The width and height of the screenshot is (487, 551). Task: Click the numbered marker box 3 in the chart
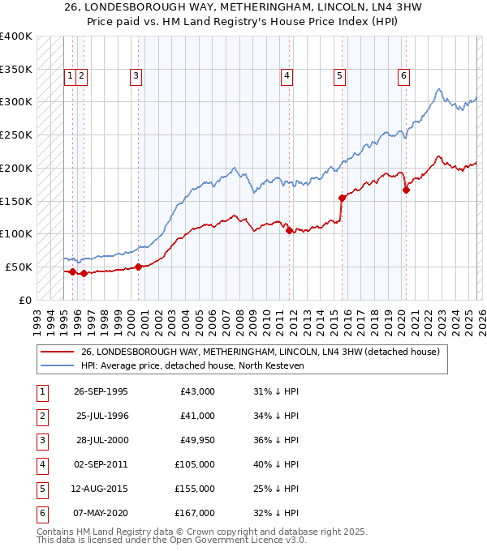point(136,76)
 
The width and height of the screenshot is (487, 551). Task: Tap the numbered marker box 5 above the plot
point(339,76)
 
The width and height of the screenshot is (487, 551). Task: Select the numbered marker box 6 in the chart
point(403,76)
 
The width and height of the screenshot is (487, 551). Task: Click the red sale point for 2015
point(342,197)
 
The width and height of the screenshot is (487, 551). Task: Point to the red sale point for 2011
point(289,230)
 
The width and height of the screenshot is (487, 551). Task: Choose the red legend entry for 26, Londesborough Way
point(260,352)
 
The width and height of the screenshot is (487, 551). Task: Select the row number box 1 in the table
point(41,391)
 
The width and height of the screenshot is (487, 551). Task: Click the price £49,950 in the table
point(197,439)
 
